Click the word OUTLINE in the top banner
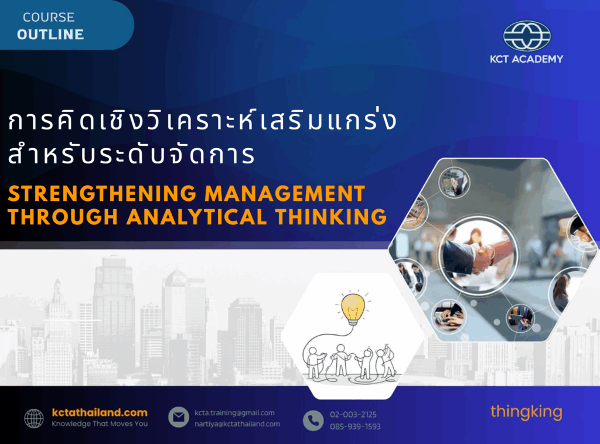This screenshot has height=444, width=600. tap(50, 35)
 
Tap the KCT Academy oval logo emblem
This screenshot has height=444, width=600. tap(527, 36)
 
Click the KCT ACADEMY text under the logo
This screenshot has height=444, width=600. tap(527, 59)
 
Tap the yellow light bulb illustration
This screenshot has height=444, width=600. tap(353, 308)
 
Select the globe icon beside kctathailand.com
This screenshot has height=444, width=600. tap(34, 418)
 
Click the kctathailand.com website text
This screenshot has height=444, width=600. tap(100, 412)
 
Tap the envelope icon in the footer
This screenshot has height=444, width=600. tap(179, 417)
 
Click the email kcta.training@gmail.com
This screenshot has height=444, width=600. tap(234, 412)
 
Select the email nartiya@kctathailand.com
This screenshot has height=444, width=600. tap(237, 423)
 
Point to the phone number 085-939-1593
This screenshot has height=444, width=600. tap(356, 426)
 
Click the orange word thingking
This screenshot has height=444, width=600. tap(526, 412)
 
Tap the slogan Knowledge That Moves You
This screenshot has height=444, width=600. tap(100, 423)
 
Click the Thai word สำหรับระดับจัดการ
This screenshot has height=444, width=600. tap(131, 155)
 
